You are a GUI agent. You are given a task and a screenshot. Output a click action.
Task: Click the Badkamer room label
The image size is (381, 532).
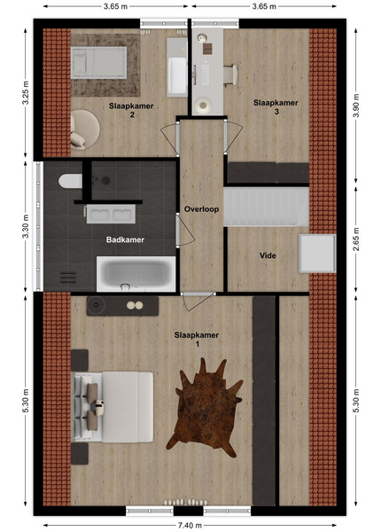pos(125,239)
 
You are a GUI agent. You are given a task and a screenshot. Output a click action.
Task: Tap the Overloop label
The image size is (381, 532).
pos(201,209)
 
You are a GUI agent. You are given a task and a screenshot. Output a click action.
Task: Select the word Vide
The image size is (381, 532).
pos(268,255)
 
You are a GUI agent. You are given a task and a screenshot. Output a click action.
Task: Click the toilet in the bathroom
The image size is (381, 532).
pos(70,181)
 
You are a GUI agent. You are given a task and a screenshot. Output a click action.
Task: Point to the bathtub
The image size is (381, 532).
pos(136,274)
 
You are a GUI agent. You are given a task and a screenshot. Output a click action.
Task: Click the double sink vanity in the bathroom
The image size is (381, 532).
pos(111,214)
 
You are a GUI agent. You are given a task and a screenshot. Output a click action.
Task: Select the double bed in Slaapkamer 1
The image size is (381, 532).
pos(113,407)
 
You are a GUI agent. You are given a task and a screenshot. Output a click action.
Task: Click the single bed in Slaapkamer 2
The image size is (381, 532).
pos(98,62)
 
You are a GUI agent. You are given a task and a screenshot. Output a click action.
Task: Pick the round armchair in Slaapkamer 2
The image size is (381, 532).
pos(84,129)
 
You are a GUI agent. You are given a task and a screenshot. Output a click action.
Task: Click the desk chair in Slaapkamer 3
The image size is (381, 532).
pos(231,74)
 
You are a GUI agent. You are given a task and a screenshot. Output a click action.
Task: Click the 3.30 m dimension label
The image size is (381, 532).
pos(26,226)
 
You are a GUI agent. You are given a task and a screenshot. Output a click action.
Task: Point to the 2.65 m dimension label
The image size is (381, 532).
pos(356,239)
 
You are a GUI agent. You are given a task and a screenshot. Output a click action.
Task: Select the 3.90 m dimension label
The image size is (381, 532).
pos(356,106)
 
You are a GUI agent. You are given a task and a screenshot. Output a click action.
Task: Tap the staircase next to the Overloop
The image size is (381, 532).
pos(266,207)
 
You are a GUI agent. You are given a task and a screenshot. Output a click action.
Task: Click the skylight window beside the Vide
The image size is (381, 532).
pos(317,253)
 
